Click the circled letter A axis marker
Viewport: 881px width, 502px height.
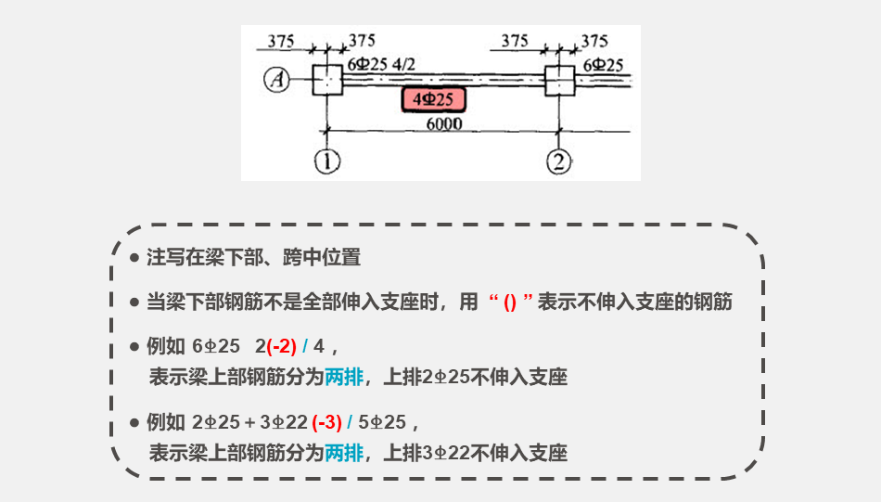pos(276,81)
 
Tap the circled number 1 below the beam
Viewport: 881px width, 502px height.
pos(326,162)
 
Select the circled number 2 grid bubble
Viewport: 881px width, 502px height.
pos(559,162)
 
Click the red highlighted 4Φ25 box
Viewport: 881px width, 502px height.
pos(433,99)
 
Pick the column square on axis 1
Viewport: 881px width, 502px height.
pos(326,81)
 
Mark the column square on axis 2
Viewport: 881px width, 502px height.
pos(559,81)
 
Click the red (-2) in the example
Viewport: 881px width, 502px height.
pos(281,347)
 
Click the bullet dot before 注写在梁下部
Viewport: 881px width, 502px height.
pos(134,257)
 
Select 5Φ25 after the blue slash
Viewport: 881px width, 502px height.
pos(382,423)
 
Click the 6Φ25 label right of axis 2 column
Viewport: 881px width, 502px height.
pos(603,64)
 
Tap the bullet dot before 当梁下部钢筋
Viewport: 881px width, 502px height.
pos(134,302)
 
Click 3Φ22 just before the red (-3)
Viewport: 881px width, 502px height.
pos(284,423)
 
